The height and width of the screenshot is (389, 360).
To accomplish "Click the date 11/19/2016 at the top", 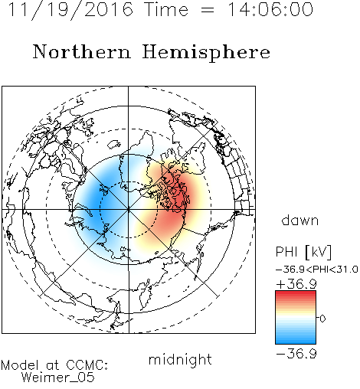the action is click(70, 10).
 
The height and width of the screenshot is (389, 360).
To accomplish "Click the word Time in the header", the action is click(166, 9).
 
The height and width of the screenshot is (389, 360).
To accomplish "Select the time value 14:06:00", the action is click(270, 9).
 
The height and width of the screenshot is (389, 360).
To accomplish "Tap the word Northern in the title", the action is click(82, 52).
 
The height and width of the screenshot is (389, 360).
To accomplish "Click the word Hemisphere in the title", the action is click(206, 53).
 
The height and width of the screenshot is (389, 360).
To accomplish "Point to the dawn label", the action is click(300, 220).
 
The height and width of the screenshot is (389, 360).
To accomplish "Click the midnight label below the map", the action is click(180, 360).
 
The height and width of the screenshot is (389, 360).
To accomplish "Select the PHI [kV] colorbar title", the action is click(303, 252).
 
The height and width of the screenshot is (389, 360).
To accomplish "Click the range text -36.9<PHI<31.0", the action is click(317, 270).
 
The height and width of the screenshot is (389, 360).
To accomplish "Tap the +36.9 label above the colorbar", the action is click(296, 284).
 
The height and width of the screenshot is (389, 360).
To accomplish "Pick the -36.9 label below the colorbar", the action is click(296, 354).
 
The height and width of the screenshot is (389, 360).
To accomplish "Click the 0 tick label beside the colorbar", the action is click(322, 319).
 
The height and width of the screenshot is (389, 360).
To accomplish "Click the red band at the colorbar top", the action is click(296, 294).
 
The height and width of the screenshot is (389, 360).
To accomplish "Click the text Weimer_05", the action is click(58, 378).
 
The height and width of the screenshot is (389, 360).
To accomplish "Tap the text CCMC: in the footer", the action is click(87, 365).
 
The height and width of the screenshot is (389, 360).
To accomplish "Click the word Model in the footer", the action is click(20, 365).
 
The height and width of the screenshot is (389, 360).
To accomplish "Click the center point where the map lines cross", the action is click(129, 210).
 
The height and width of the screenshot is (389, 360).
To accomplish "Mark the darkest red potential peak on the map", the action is click(181, 198).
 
